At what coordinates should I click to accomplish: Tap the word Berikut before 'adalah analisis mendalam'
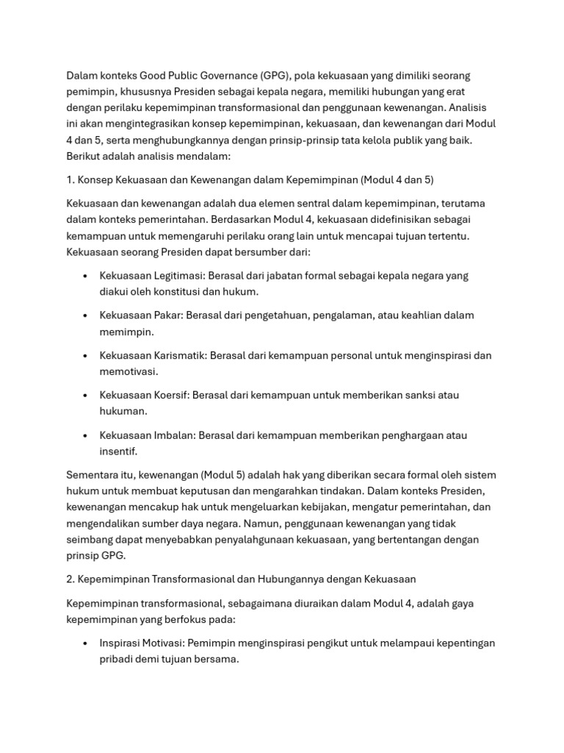pos(86,157)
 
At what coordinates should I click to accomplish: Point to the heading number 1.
pos(70,180)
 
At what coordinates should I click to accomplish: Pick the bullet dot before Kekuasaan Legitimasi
pos(86,276)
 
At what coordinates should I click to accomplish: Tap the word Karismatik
pos(181,355)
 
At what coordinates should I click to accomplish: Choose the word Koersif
pos(170,395)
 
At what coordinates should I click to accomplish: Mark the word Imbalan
pos(174,435)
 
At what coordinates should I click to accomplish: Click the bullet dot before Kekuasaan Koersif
pos(86,395)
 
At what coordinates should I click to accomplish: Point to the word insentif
pos(118,451)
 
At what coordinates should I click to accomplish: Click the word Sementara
pos(94,475)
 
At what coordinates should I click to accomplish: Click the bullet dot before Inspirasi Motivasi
pos(86,643)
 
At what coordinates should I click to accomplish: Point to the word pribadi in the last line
pos(119,659)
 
